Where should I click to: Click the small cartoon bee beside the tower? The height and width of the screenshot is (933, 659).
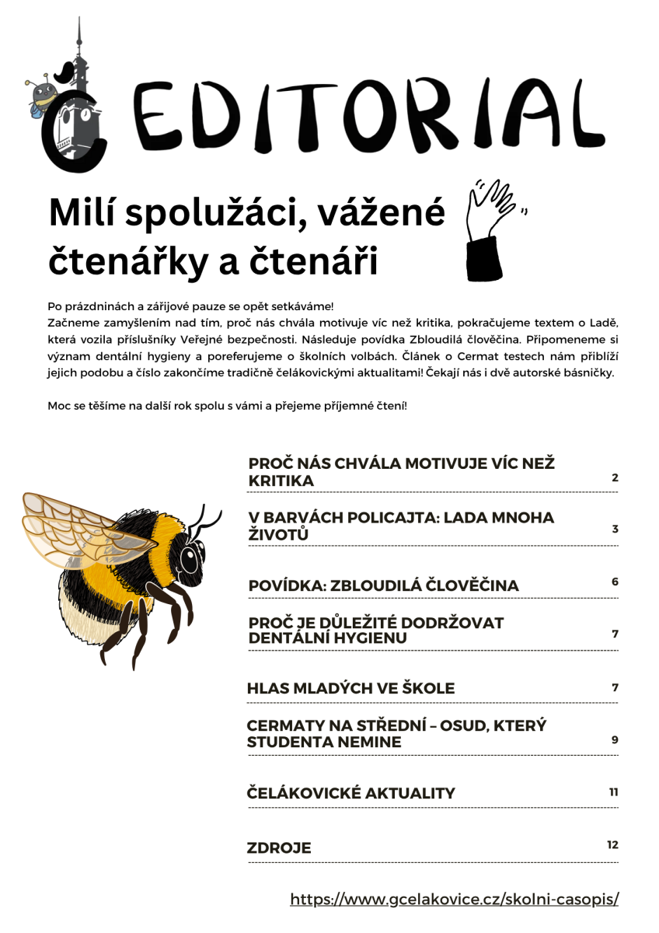pyautogui.click(x=43, y=96)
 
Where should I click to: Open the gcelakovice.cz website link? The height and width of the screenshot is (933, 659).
pyautogui.click(x=455, y=900)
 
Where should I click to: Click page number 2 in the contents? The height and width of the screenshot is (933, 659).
pyautogui.click(x=615, y=477)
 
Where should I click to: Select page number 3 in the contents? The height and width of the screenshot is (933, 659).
pyautogui.click(x=615, y=529)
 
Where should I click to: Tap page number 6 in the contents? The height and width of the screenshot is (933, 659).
pyautogui.click(x=615, y=582)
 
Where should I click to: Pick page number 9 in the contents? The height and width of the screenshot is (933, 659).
pyautogui.click(x=615, y=739)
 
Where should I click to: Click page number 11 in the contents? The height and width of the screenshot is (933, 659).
pyautogui.click(x=613, y=791)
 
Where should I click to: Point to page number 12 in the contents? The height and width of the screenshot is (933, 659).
pyautogui.click(x=613, y=844)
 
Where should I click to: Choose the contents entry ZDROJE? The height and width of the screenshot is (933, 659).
pyautogui.click(x=279, y=848)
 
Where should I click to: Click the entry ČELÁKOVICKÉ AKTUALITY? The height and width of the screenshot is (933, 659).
pyautogui.click(x=350, y=794)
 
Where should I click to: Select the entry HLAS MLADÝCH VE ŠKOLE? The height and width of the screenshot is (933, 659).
pyautogui.click(x=350, y=689)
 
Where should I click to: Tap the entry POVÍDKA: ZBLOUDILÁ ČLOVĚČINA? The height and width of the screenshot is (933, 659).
pyautogui.click(x=383, y=585)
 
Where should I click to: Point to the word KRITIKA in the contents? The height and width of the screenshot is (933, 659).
pyautogui.click(x=281, y=481)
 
